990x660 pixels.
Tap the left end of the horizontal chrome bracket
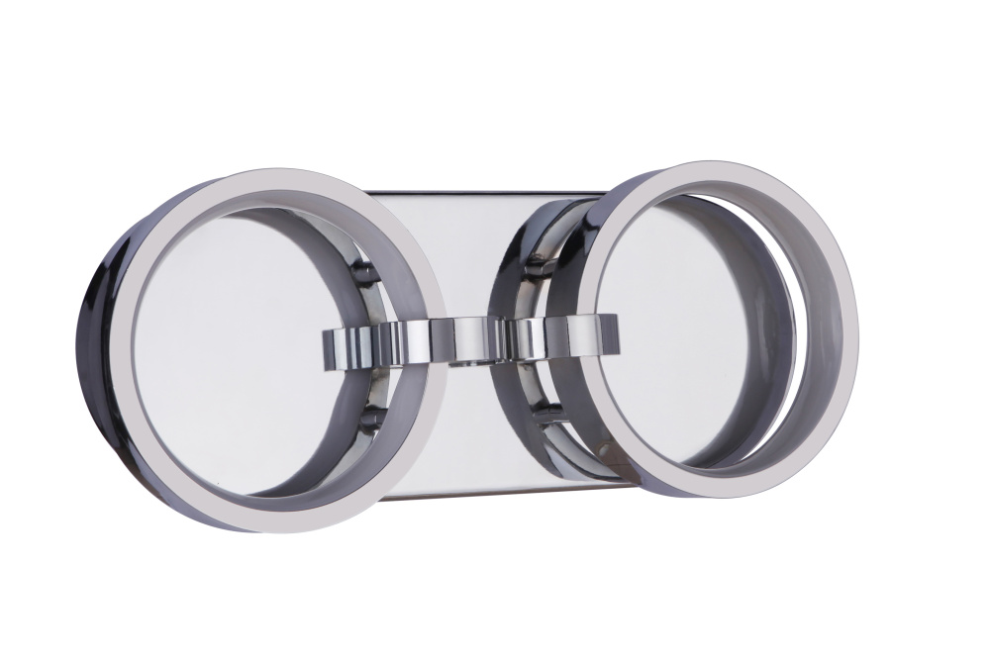click(x=328, y=346)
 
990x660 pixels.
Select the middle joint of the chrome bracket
click(x=473, y=338)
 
